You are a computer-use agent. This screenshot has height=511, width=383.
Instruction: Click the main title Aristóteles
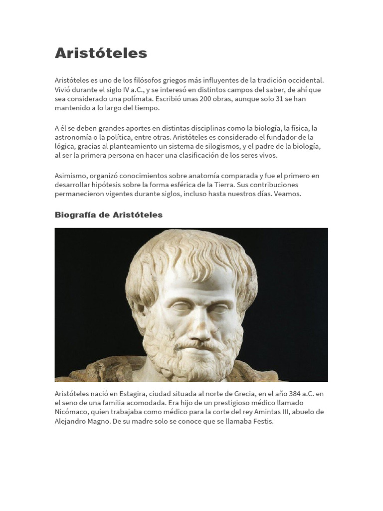[x=101, y=53]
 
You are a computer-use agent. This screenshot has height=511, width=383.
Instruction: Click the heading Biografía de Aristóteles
[x=108, y=215]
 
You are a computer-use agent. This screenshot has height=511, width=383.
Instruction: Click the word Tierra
[x=227, y=185]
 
